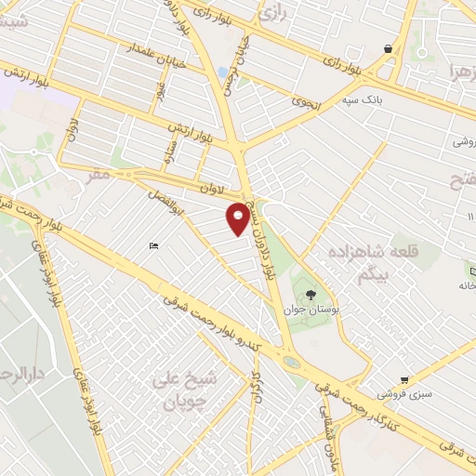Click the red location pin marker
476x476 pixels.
coord(239,218)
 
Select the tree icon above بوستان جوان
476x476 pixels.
coord(323,292)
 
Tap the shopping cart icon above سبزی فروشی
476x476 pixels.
coord(404,380)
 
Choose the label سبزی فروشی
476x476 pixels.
coord(405,395)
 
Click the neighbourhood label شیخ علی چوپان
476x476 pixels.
coord(190,390)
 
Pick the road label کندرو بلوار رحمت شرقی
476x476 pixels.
coord(214,326)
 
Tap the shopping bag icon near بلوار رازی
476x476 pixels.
coord(388,49)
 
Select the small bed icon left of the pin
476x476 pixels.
coord(154,245)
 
